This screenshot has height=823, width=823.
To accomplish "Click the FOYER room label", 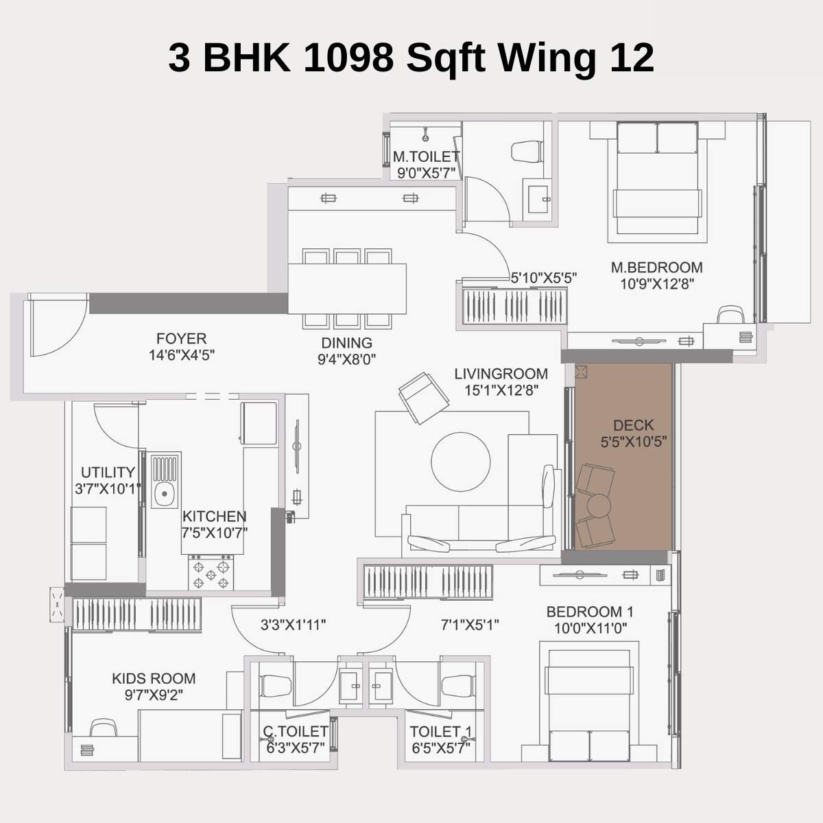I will (181, 339).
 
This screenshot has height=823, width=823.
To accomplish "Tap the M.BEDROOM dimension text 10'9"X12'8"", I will (657, 284).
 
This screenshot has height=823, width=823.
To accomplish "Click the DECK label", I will (633, 425).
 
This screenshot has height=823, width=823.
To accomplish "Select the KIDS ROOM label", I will (154, 678).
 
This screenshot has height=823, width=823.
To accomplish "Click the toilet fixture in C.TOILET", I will (276, 686).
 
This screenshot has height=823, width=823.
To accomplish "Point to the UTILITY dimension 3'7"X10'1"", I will (108, 489).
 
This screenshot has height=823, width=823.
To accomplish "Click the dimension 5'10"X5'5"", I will (543, 278).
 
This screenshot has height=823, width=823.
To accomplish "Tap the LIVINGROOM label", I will (501, 374).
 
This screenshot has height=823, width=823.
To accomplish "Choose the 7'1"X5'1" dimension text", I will (469, 625).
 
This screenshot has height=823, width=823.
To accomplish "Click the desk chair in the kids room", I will (103, 728).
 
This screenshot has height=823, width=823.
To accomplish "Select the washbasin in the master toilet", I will (536, 198).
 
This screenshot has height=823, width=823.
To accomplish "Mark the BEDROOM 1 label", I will (589, 612).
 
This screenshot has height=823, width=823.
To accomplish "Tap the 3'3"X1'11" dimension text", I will (293, 625).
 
